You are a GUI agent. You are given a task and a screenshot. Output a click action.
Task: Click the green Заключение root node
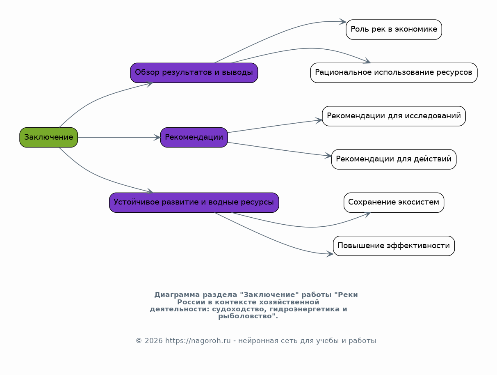48,137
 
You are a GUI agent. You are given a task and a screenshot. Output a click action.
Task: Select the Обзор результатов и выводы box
194,73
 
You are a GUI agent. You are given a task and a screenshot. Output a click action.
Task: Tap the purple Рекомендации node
194,137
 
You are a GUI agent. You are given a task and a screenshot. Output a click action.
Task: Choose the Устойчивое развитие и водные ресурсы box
194,202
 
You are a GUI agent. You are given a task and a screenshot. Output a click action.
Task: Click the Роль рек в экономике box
394,30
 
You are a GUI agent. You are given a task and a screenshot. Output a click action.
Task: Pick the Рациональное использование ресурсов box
394,73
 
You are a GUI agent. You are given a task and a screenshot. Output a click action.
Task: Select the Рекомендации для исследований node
394,116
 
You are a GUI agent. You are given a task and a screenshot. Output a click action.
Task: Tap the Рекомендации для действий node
394,159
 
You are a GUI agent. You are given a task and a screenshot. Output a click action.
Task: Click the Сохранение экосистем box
394,202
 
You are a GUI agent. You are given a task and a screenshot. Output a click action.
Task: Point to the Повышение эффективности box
394,246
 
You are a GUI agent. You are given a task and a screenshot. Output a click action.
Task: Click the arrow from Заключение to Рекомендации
119,137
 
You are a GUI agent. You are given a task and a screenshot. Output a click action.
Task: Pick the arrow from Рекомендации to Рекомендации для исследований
275,126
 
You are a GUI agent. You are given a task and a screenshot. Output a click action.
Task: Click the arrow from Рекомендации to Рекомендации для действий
279,149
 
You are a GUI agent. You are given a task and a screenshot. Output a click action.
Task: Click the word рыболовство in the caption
247,316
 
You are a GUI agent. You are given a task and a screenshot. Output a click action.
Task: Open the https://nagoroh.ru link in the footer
198,341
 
